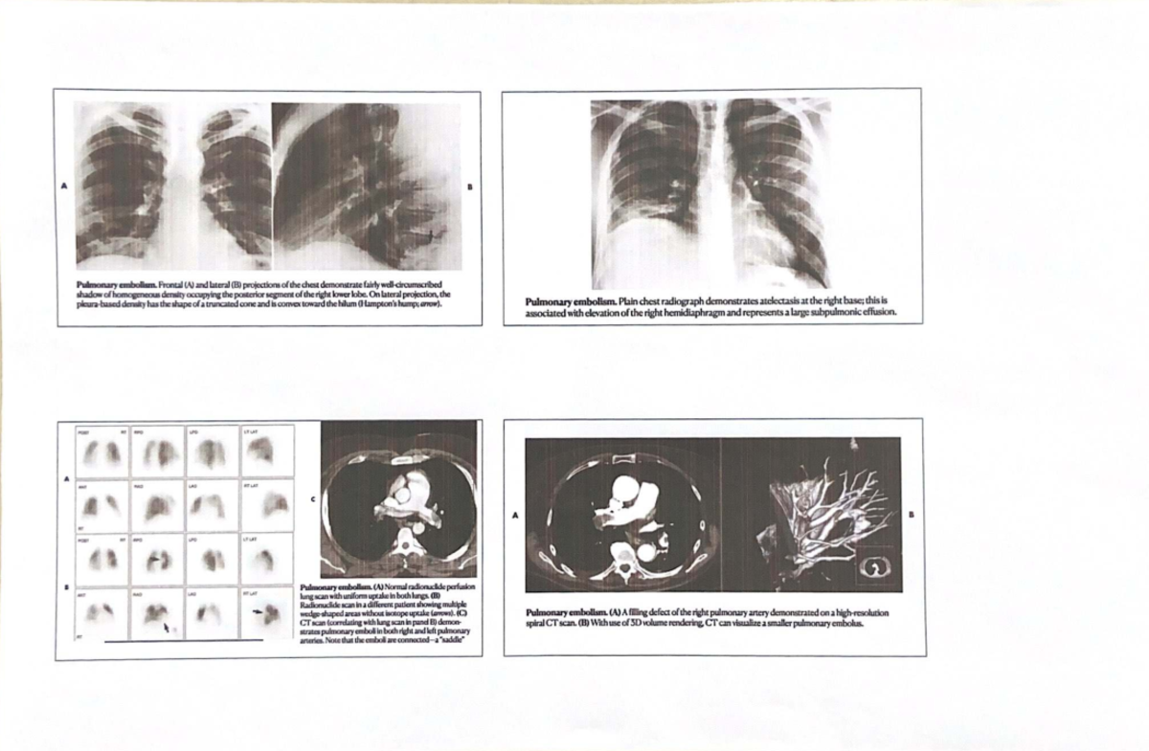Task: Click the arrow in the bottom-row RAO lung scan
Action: tap(167, 628)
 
